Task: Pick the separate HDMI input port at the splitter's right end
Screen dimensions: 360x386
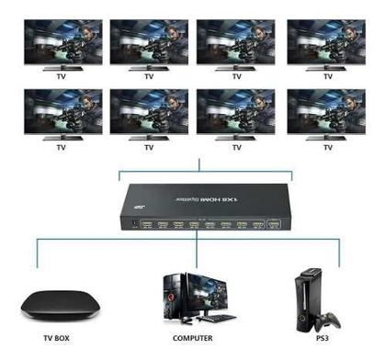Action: coord(272,223)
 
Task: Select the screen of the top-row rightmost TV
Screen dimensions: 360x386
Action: coord(324,39)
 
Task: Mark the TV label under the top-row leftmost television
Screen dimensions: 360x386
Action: coord(61,76)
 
